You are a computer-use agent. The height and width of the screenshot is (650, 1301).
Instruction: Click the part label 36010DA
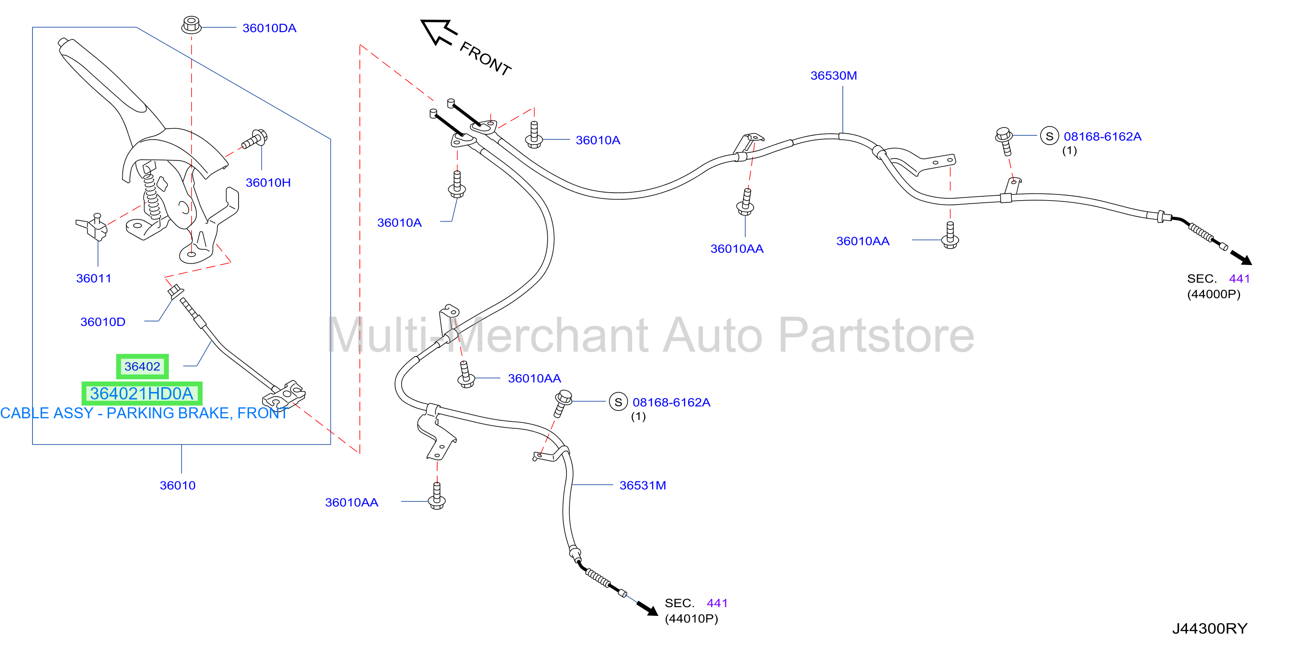[x=269, y=28]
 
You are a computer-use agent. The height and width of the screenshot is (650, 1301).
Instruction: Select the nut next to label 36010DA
[x=192, y=24]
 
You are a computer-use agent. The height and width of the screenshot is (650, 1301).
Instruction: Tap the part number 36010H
[x=268, y=183]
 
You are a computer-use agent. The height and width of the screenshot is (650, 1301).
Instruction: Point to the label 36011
[x=93, y=279]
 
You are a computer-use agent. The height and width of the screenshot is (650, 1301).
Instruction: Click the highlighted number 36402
[x=143, y=366]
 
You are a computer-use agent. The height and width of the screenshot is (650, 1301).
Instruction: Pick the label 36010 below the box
[x=178, y=485]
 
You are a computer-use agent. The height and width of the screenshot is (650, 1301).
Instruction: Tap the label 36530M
[x=834, y=76]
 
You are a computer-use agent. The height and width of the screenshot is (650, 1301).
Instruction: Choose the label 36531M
[x=643, y=485]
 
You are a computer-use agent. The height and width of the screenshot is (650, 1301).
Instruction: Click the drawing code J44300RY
[x=1210, y=629]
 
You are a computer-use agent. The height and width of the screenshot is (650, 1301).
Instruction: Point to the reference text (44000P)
[x=1214, y=294]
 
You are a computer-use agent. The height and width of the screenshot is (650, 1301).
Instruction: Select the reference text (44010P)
[x=691, y=619]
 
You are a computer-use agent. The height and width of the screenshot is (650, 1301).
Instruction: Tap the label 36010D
[x=103, y=322]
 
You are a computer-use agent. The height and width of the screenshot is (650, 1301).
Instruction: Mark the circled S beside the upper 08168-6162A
[x=1049, y=136]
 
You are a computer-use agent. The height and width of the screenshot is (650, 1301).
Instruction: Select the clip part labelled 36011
[x=93, y=227]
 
